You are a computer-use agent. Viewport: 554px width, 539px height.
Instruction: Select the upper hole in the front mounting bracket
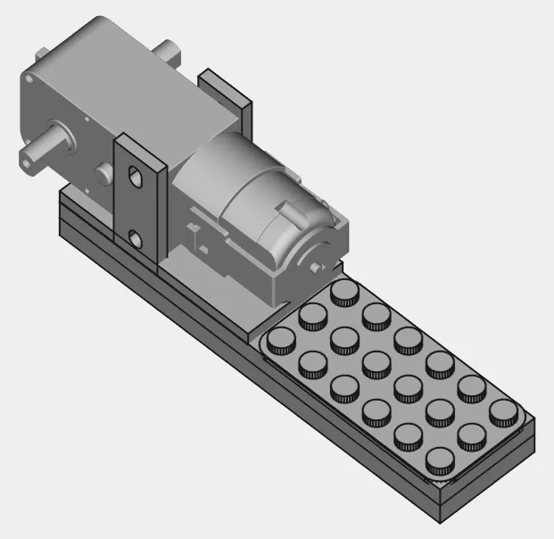136,176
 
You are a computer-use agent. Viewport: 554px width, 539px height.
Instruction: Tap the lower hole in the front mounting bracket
135,238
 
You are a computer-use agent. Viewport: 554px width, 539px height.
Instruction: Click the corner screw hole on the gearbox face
29,82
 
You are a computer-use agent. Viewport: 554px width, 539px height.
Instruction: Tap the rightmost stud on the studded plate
504,410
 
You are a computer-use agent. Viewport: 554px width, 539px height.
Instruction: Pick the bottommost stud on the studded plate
441,460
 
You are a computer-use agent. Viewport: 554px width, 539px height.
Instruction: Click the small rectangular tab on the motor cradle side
195,234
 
